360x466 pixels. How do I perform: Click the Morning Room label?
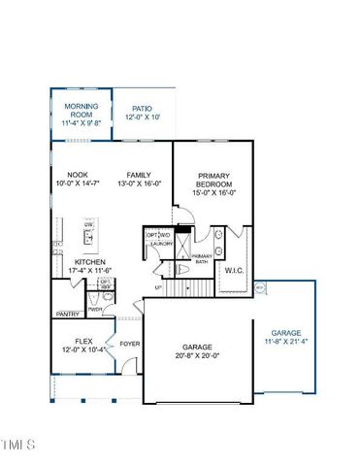click(81, 110)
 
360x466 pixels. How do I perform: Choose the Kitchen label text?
click(90, 262)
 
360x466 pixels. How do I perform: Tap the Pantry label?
click(68, 315)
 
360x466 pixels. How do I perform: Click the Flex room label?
click(82, 341)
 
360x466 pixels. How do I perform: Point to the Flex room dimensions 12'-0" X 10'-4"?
click(82, 350)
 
